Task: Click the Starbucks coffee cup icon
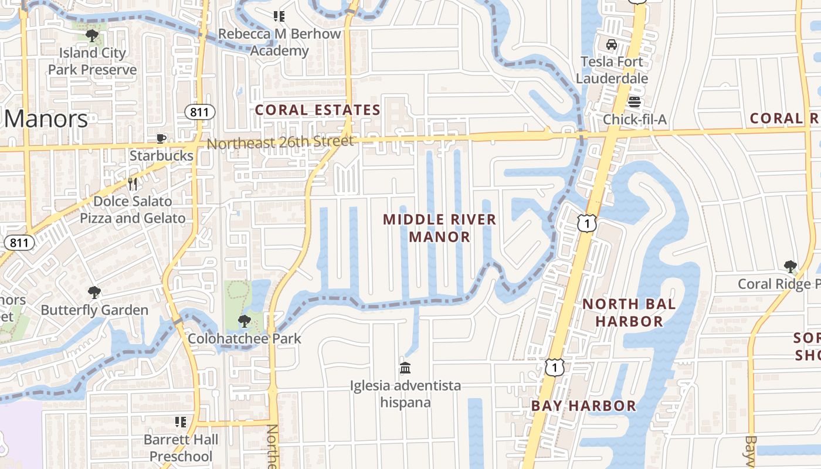coord(161,139)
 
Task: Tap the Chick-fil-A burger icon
coord(635,103)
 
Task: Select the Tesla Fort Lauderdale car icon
coord(612,45)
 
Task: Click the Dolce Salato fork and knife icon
coord(133,184)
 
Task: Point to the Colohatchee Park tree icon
coord(244,321)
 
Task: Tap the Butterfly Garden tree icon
coord(94,293)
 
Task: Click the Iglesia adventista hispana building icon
coord(405,368)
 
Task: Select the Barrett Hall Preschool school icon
coord(181,422)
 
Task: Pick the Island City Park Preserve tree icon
coord(92,36)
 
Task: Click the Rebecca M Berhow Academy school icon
coord(279,16)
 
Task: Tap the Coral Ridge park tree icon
coord(791,267)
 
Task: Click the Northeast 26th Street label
coord(280,142)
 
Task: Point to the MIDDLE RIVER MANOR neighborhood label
coord(440,228)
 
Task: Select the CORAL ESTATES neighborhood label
coord(317,110)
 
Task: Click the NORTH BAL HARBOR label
coord(629,312)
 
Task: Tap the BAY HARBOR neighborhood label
coord(583,406)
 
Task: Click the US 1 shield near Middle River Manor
coord(586,223)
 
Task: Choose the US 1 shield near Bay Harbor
coord(554,368)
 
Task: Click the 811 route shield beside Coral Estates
coord(199,111)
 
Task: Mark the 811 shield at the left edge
coord(19,243)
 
